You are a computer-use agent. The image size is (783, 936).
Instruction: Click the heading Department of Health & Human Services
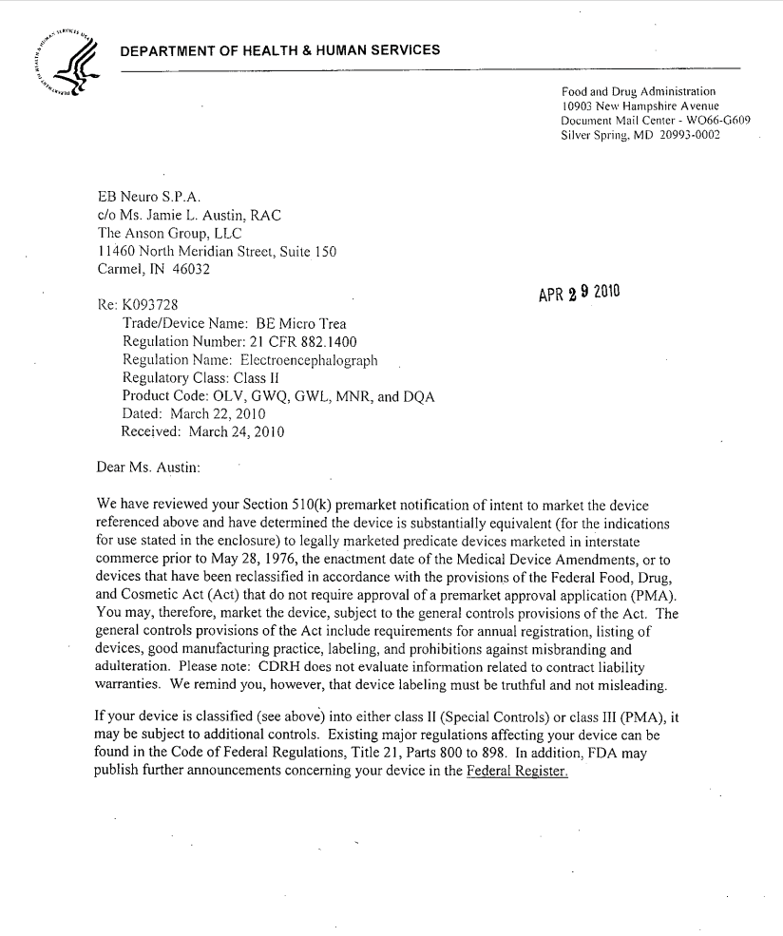[x=279, y=50]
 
